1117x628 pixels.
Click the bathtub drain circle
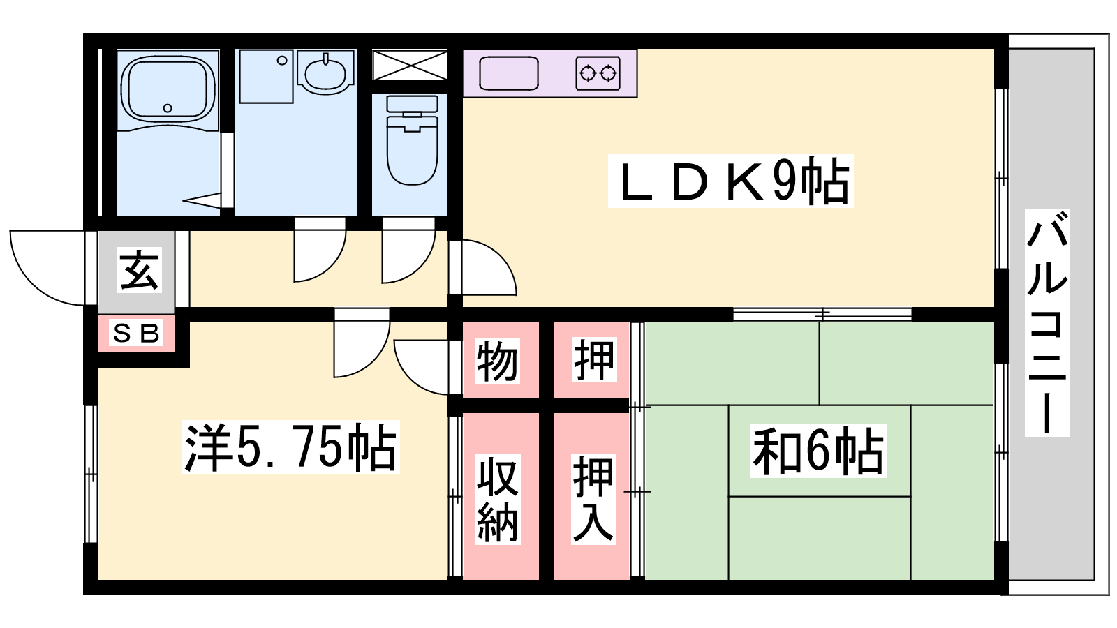pos(168,108)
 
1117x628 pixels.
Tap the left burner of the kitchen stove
pos(588,74)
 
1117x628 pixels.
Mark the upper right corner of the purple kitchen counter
pos(637,50)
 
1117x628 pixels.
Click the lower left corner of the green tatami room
pos(645,579)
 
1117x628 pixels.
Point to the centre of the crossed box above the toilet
pos(410,65)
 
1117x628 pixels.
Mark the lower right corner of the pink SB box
pos(175,352)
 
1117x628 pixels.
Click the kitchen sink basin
pos(509,73)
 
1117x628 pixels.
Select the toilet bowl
pos(412,149)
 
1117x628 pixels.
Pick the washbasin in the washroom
pos(325,75)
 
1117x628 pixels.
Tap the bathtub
pos(168,89)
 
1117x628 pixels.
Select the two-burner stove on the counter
pos(598,73)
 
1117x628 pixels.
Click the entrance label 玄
pos(139,270)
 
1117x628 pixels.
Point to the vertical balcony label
pos(1047,323)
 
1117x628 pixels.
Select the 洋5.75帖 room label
pos(290,447)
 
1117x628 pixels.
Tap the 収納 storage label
pos(497,499)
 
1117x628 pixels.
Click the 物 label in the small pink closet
pos(497,361)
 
